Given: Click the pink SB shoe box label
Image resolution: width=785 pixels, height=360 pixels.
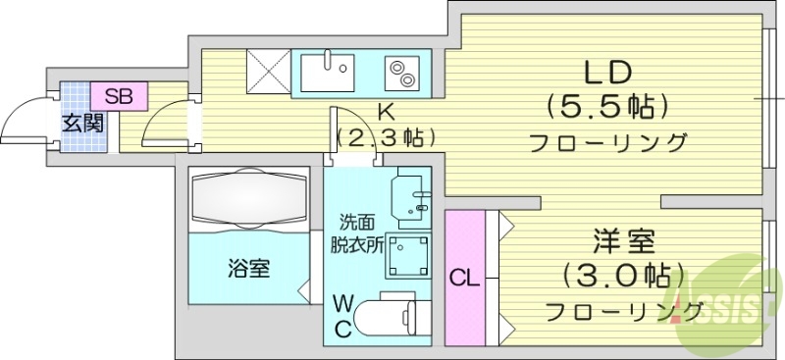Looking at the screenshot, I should pos(119,96).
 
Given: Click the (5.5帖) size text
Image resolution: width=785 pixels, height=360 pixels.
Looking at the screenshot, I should pos(607,105).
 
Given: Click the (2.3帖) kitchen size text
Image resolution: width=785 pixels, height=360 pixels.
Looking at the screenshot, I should pos(385,137).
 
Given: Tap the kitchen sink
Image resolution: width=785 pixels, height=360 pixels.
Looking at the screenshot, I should pos(327,71).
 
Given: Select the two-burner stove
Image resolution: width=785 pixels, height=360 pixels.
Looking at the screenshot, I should pos(402,71).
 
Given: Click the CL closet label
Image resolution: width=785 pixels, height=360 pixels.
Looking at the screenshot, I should pos(464,278).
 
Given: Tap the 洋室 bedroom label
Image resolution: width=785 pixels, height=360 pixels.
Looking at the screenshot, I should pos(623,241).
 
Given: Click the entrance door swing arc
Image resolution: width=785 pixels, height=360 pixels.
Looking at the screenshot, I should pos(22,120).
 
